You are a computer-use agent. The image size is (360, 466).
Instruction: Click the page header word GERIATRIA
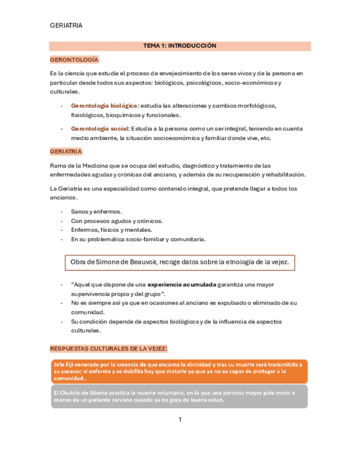[66, 25]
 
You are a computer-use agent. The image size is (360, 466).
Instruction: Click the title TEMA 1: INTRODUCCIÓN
[180, 46]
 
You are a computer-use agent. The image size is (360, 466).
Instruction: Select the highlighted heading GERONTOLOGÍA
[74, 59]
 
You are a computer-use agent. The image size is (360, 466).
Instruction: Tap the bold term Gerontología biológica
[104, 106]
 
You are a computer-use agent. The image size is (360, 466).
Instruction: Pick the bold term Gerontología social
[99, 129]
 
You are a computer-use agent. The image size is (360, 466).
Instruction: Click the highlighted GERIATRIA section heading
[66, 151]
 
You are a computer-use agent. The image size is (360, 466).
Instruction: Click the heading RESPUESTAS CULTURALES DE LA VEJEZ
[109, 349]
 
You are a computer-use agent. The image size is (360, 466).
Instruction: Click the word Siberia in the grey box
[112, 393]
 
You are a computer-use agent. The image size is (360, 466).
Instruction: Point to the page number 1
[180, 420]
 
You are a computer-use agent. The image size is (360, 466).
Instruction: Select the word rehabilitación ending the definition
[285, 175]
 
